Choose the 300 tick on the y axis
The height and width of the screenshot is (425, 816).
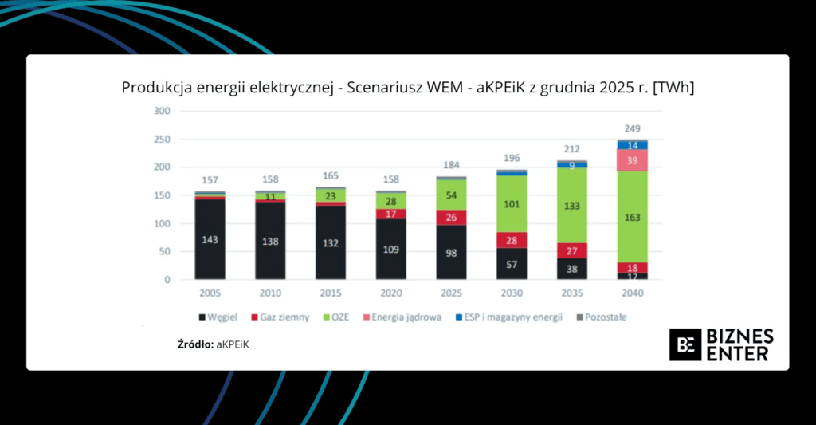(163, 111)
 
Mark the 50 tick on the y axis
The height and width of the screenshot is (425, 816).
(165, 252)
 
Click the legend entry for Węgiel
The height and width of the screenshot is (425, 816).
(217, 317)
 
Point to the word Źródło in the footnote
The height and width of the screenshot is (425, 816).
(194, 344)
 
